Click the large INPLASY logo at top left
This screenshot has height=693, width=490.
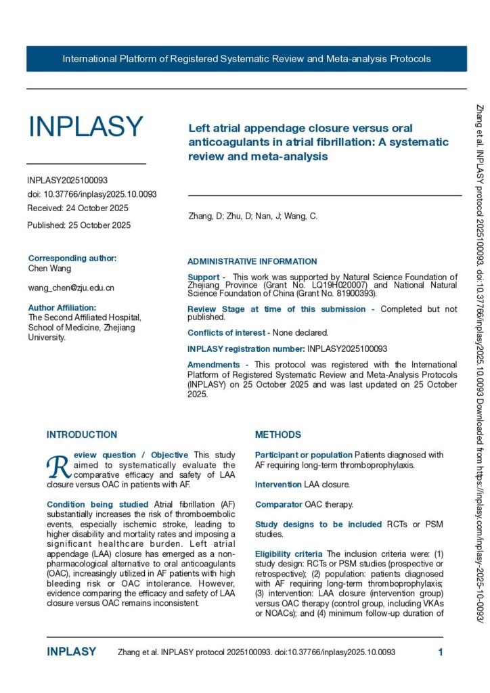[x=85, y=127]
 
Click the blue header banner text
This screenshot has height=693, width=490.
[x=246, y=59]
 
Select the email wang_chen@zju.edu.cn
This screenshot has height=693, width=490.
[x=71, y=288]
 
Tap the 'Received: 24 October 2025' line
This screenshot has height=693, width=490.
[x=78, y=208]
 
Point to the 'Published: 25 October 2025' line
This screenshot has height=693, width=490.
[x=79, y=225]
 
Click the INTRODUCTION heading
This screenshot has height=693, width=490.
[x=82, y=434]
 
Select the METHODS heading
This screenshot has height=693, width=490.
[x=278, y=434]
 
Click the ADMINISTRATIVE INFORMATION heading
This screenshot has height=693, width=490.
[x=252, y=261]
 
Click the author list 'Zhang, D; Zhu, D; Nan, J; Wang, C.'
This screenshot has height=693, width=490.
[x=252, y=217]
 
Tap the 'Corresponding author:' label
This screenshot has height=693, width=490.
[x=72, y=258]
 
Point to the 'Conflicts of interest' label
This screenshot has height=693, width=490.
[x=225, y=332]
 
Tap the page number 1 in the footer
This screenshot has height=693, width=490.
[x=441, y=652]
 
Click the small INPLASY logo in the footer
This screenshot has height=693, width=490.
[x=71, y=652]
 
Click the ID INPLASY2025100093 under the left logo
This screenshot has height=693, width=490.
[x=68, y=180]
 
